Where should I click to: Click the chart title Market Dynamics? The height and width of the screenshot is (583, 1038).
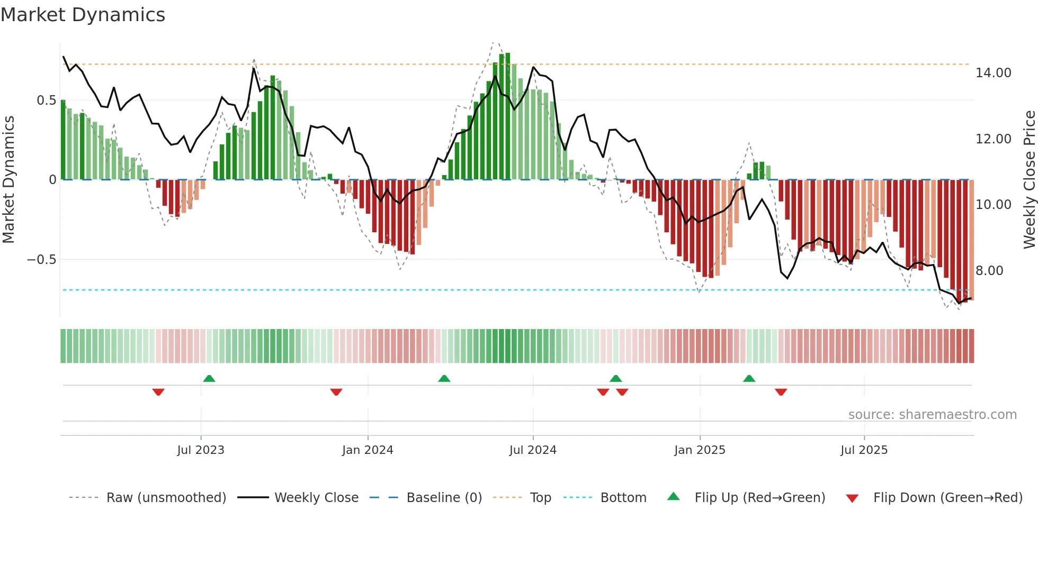[x=83, y=15]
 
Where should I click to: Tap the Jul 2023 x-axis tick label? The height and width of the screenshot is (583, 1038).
[x=201, y=450]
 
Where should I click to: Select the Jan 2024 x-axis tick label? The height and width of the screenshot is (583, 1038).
[x=368, y=450]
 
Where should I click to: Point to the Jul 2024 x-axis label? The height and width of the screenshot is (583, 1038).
[x=533, y=450]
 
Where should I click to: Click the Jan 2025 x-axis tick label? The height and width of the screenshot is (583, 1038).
[x=700, y=450]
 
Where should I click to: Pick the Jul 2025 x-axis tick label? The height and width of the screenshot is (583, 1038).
[x=864, y=450]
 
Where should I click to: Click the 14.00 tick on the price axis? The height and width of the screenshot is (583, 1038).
[x=993, y=73]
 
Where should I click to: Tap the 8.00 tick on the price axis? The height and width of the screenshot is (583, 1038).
[x=989, y=271]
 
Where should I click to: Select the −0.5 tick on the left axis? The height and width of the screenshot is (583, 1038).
[x=41, y=260]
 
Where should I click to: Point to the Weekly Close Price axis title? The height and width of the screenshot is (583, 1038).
[x=1029, y=180]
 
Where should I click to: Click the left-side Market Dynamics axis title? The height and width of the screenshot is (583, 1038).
[x=8, y=180]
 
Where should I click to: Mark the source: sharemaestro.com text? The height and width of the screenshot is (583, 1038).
[x=932, y=415]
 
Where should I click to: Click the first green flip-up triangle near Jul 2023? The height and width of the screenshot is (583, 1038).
[x=209, y=378]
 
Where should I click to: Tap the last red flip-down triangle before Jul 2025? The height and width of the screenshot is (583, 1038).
[x=781, y=392]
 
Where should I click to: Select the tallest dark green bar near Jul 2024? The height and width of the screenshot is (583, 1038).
[x=508, y=116]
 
